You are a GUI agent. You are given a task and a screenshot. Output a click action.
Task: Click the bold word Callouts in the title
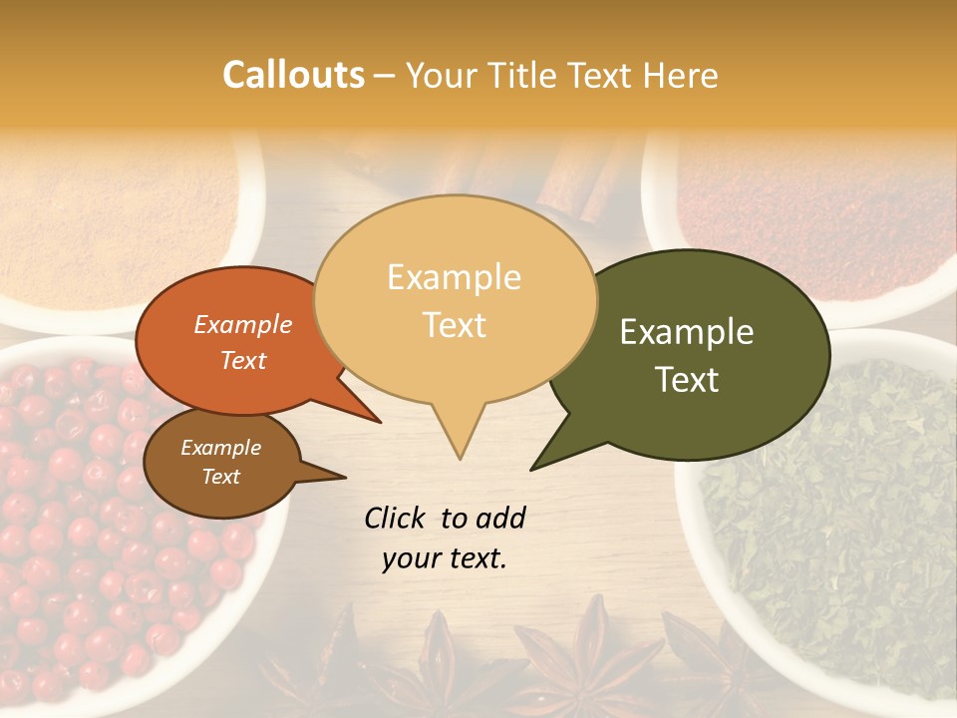[293, 75]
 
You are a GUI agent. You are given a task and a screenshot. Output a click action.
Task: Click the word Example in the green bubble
[687, 332]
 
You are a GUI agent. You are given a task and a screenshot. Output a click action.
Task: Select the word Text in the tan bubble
[455, 325]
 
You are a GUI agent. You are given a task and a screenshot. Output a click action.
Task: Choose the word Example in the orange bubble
[243, 324]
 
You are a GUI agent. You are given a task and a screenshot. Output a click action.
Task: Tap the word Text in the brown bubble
[221, 477]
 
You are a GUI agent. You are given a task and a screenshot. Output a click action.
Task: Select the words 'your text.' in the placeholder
[445, 559]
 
